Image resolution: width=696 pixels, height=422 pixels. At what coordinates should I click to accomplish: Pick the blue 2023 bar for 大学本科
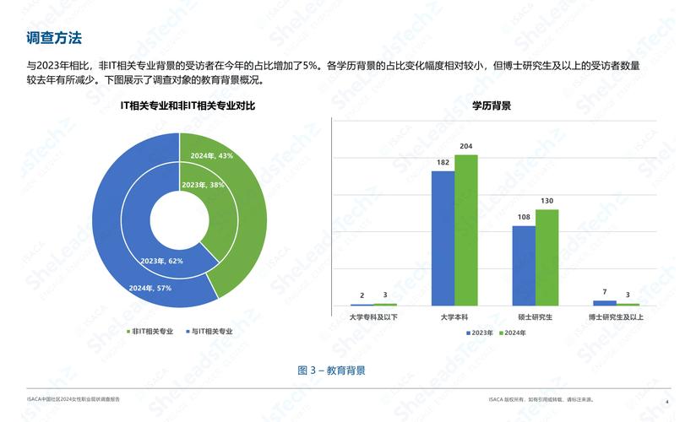click(x=443, y=238)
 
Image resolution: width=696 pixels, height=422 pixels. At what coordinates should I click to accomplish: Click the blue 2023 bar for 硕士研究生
click(x=524, y=265)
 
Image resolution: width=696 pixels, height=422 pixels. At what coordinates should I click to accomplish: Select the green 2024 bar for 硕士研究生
click(x=546, y=257)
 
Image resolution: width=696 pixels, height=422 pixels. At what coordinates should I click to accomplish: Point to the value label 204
click(x=465, y=147)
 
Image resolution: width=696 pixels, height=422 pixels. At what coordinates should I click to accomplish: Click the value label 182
click(x=443, y=163)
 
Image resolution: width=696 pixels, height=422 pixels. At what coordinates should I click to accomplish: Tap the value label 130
click(x=546, y=201)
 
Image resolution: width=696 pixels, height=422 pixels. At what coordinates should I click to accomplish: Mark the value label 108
click(x=524, y=218)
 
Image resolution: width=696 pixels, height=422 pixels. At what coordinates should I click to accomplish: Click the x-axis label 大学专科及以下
click(x=373, y=317)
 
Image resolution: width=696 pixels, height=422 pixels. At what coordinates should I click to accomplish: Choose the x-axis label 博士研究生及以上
click(x=616, y=317)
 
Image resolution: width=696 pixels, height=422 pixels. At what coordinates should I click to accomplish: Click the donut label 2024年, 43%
click(x=212, y=156)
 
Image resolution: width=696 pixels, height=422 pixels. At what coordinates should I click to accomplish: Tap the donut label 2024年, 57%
click(x=150, y=288)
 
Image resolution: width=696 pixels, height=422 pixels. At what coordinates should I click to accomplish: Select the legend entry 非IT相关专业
click(x=153, y=332)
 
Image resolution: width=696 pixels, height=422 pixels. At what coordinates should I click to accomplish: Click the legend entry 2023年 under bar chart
click(x=482, y=333)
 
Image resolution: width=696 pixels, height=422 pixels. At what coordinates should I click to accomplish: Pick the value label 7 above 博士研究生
click(x=605, y=292)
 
